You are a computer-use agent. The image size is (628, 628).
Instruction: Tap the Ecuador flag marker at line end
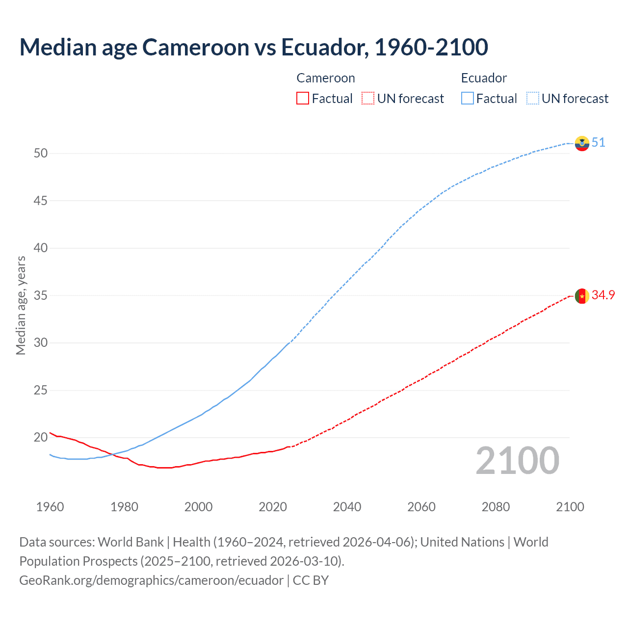pos(582,143)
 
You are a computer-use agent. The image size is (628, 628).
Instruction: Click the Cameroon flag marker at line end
pos(582,296)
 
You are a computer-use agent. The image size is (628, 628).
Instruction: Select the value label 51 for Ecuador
pos(598,143)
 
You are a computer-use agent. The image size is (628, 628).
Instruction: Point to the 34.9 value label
pos(603,295)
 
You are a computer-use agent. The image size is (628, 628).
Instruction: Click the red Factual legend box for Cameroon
pos(303,99)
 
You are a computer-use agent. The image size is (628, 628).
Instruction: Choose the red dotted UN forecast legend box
pos(368,99)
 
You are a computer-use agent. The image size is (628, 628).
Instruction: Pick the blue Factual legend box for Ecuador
pos(468,99)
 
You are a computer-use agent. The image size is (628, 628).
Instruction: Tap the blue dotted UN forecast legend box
pos(533,99)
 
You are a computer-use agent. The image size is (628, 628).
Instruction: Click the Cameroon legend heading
pos(326,78)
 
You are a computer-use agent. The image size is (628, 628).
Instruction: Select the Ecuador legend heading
pos(484,78)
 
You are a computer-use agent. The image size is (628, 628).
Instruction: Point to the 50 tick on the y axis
pos(41,153)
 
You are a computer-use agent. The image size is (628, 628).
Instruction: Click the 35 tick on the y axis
pos(41,296)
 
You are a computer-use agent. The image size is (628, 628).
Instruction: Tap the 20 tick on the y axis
pos(41,437)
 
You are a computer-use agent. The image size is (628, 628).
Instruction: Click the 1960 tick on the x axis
pos(50,507)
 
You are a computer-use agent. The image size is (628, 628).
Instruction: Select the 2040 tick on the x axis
pos(347,507)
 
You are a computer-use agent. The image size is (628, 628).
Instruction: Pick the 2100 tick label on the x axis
pos(570,507)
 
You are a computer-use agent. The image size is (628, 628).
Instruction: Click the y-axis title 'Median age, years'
pos(21,305)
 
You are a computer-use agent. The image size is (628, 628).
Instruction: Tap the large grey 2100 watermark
pos(517,461)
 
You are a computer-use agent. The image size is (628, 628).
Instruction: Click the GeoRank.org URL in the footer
pos(151,580)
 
